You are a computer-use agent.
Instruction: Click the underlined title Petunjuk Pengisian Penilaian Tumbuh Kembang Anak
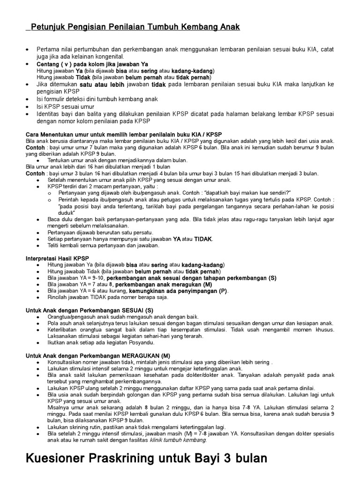tap(135, 27)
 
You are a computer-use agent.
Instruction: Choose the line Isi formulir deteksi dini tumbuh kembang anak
tap(97, 99)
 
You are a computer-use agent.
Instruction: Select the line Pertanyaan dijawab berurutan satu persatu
tap(100, 232)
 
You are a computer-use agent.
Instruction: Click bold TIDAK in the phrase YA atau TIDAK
tap(203, 239)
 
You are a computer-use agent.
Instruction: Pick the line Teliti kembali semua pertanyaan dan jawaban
tap(104, 245)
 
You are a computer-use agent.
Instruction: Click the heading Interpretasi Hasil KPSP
tap(57, 258)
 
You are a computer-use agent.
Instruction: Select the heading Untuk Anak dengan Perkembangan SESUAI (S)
tap(89, 310)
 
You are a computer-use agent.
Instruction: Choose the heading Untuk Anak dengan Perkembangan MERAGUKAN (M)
tap(97, 356)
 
